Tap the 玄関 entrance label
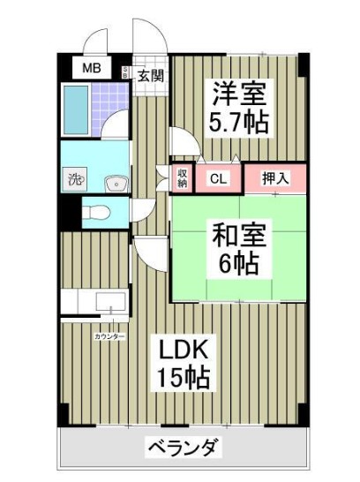[151, 76]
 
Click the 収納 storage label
[183, 177]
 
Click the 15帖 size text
[183, 379]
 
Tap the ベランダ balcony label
[183, 446]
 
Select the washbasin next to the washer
[115, 183]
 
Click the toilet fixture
[99, 212]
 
